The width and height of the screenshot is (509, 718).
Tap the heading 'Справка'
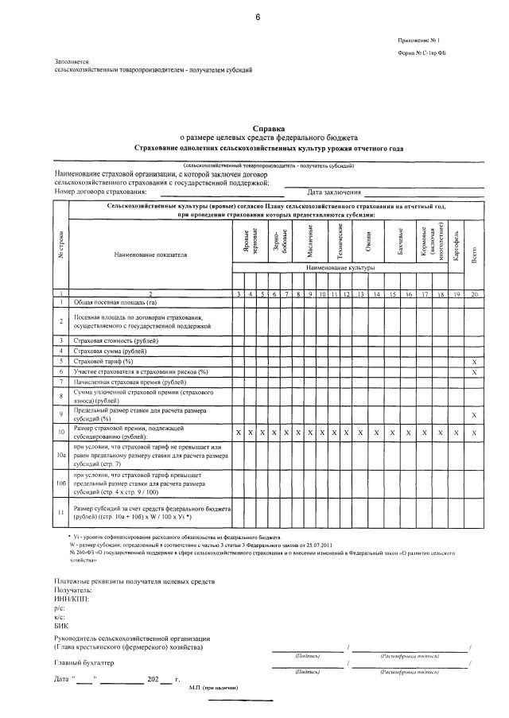point(268,127)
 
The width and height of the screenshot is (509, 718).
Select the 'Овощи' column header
point(368,242)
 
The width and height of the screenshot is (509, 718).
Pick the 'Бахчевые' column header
point(400,242)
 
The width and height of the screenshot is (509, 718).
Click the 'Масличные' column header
point(311,242)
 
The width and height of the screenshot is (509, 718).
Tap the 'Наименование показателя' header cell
point(150,256)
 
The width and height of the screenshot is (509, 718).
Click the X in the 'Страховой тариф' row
point(474,361)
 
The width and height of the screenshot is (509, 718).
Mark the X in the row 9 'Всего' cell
point(474,415)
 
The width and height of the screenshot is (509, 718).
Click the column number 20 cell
point(474,294)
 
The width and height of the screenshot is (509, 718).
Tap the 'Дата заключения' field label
point(334,192)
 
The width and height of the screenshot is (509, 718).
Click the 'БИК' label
point(61,626)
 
